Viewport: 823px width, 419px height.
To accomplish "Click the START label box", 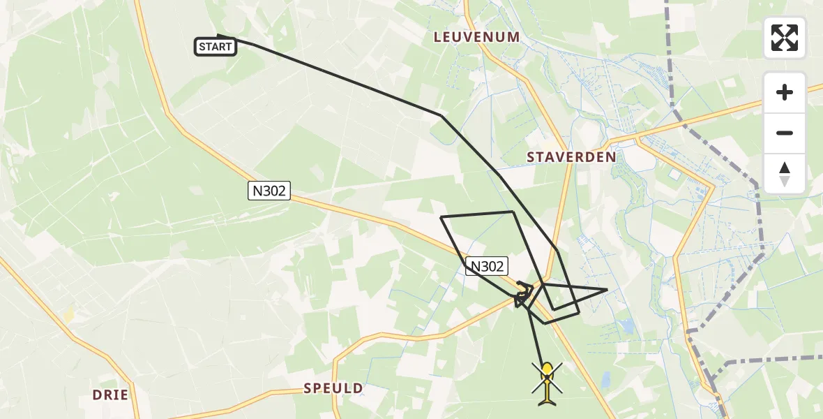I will click(x=216, y=47).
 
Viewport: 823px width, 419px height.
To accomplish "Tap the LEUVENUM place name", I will click(x=476, y=37).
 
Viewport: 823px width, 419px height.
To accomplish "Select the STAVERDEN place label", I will click(x=571, y=157).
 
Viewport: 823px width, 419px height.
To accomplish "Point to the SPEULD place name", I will click(x=333, y=388).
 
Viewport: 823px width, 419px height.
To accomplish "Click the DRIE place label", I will click(x=110, y=395).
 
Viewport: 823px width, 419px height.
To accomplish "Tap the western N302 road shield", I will click(x=269, y=191).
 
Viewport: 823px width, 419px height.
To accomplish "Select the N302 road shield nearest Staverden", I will click(x=487, y=266).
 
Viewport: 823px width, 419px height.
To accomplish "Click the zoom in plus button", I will click(x=785, y=92).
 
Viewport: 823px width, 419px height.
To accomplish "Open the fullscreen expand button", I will click(x=785, y=38).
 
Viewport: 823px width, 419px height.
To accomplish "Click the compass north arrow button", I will click(x=785, y=173).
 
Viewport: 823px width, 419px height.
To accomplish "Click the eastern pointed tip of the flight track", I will click(x=607, y=289).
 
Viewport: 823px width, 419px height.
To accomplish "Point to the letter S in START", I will click(x=202, y=47).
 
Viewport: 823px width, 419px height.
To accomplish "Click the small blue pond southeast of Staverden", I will click(x=626, y=325).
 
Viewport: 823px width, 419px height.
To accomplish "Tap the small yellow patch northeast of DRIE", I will click(x=69, y=315).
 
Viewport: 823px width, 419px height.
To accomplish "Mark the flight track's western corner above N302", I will click(x=441, y=217).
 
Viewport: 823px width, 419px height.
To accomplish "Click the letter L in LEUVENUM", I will click(x=438, y=37).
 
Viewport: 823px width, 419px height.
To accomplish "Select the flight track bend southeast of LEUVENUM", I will click(x=441, y=115).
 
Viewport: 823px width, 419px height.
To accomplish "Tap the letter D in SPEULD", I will click(x=358, y=388).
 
